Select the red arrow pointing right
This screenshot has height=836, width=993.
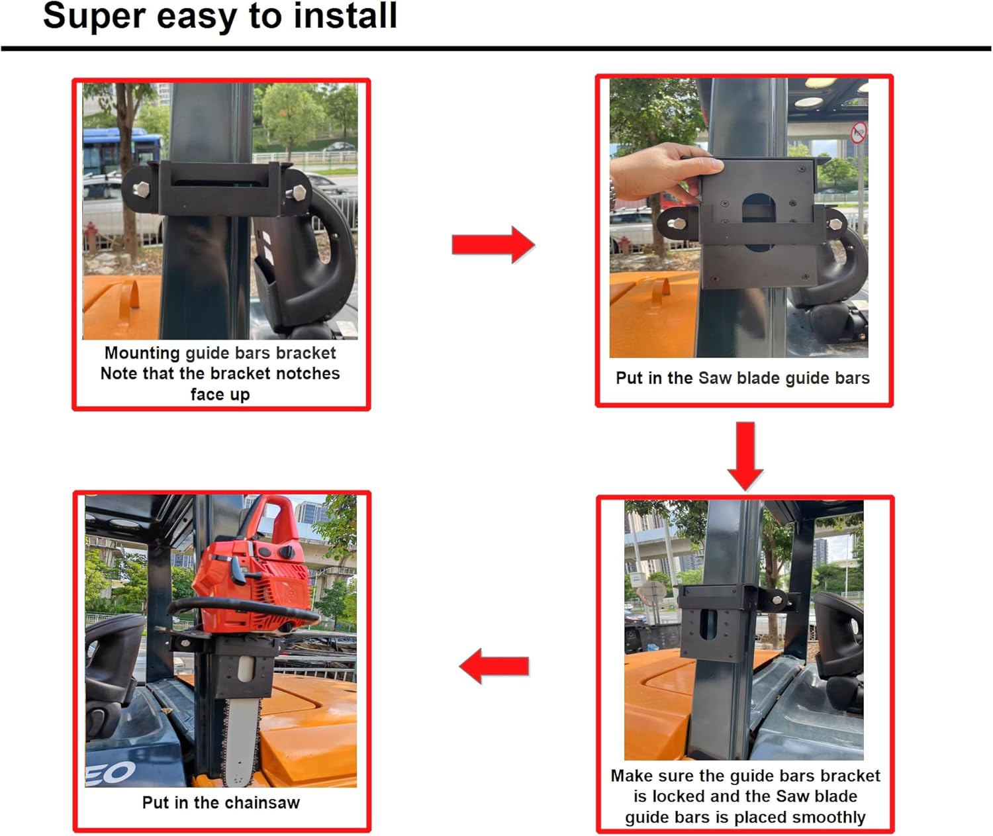(x=493, y=245)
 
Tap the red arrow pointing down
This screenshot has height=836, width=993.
(x=745, y=455)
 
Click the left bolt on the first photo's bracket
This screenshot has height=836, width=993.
(x=142, y=189)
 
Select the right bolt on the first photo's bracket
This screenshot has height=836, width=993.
(x=299, y=193)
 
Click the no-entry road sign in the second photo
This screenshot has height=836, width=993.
(x=858, y=132)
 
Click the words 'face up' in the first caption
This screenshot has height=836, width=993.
(x=220, y=395)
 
